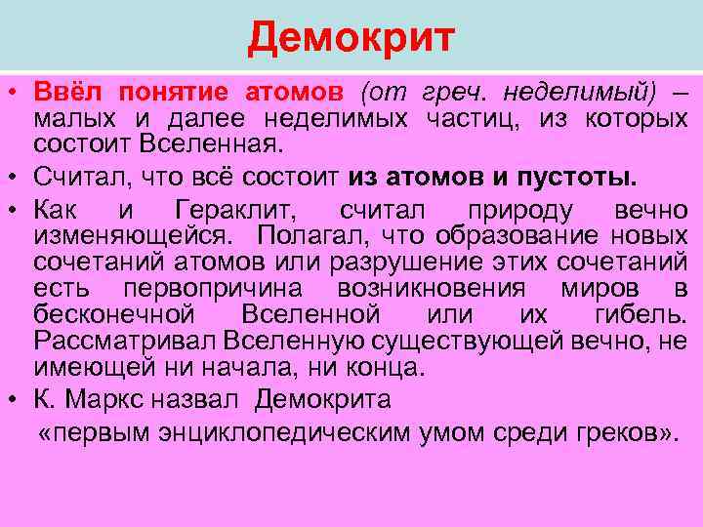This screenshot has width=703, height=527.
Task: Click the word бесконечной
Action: point(116,315)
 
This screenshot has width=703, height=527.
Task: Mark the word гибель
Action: point(640,315)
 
